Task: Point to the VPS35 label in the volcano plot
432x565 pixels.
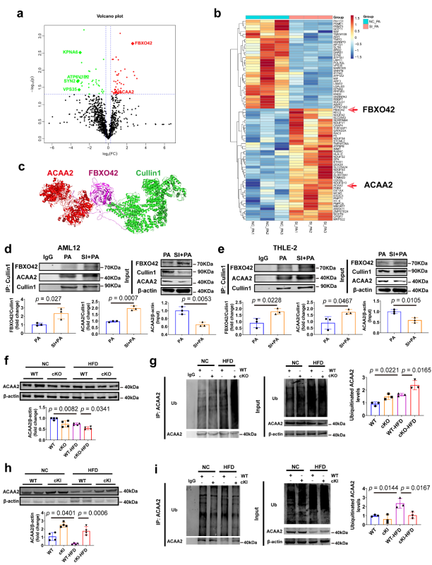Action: (x=71, y=90)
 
